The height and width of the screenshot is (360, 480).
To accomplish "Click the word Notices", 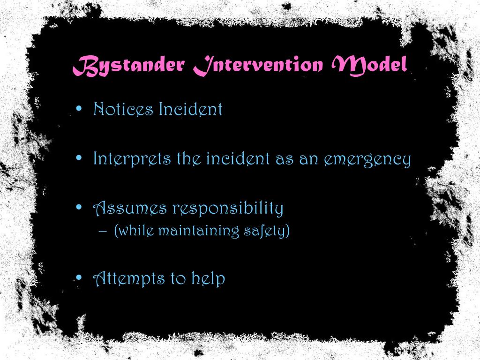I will (123, 109).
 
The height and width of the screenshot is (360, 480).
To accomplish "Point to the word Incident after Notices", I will (190, 109).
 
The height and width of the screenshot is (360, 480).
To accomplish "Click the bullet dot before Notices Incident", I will (79, 109).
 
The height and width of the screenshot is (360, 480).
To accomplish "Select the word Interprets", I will (132, 159).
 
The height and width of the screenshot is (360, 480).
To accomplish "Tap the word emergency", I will (367, 160).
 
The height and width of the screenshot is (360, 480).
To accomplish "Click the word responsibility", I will (228, 209).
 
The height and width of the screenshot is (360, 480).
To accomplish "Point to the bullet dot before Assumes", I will (79, 207).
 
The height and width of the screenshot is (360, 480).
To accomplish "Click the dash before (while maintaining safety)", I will (104, 231).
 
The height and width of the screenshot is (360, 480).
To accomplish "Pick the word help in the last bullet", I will (208, 279).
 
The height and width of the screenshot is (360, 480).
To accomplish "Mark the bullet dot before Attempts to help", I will (79, 278).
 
